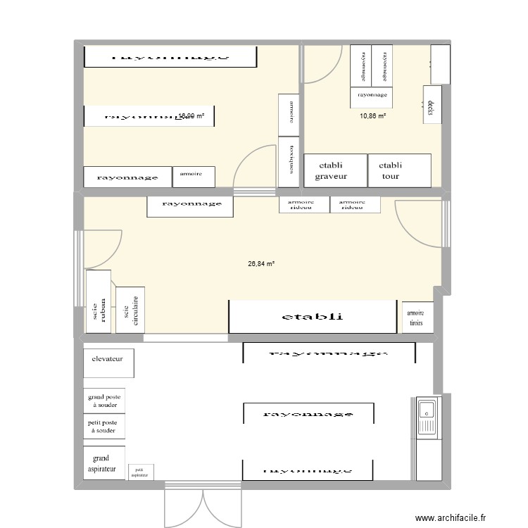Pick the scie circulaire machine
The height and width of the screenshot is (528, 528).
click(x=130, y=309)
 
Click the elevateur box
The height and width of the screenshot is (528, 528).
click(x=108, y=360)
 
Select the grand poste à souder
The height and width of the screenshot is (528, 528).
click(x=104, y=401)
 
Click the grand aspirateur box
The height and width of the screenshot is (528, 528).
click(x=104, y=463)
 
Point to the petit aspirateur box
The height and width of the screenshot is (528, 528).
click(x=140, y=472)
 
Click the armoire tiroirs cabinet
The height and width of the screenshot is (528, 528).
click(x=417, y=318)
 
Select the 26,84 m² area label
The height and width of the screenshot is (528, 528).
click(x=260, y=264)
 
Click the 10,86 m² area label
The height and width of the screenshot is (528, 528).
click(x=372, y=116)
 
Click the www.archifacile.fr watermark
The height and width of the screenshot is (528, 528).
click(x=451, y=518)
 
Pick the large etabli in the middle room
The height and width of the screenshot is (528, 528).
click(x=313, y=317)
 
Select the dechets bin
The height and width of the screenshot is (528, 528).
click(x=432, y=104)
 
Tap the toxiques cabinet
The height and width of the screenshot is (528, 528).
click(x=289, y=162)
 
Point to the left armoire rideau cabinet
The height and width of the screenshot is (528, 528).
click(x=304, y=204)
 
